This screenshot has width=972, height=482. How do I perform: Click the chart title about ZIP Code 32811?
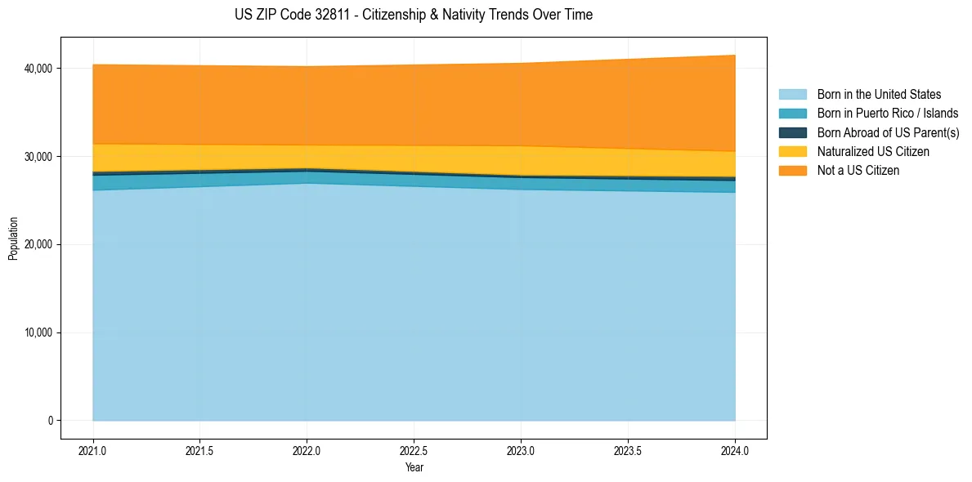click(408, 15)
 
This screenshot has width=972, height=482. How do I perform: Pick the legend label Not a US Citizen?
click(858, 170)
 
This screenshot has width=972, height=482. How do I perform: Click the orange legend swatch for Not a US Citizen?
click(792, 170)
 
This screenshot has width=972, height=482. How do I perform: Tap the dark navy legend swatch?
click(792, 132)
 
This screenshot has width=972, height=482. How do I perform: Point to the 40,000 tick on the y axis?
click(38, 69)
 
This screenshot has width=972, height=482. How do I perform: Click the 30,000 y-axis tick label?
click(38, 157)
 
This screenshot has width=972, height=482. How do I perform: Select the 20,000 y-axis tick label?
click(38, 245)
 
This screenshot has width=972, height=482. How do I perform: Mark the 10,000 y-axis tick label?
click(38, 333)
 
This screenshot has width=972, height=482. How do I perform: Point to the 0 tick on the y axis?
click(49, 421)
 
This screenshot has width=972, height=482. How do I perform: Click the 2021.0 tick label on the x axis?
click(93, 450)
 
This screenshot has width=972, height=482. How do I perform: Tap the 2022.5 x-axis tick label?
click(414, 450)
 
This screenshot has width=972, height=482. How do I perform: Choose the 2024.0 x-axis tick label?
click(735, 450)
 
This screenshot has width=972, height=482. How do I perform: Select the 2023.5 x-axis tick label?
click(628, 450)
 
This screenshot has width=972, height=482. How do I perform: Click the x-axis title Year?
click(414, 467)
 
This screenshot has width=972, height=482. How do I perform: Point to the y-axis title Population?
click(13, 239)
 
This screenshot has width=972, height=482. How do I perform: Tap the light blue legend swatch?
click(792, 95)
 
